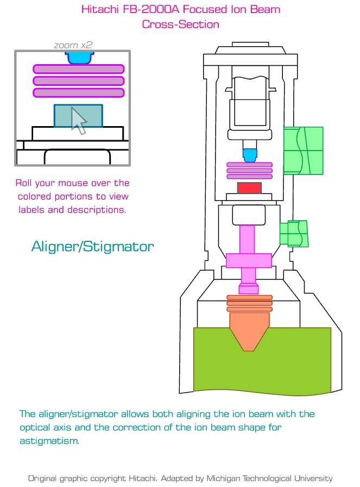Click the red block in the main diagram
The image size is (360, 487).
click(249, 188)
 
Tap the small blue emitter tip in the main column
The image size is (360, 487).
click(249, 155)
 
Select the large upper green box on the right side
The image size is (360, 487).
click(304, 151)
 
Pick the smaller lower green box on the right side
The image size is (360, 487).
click(294, 233)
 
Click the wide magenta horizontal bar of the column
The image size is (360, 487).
click(249, 260)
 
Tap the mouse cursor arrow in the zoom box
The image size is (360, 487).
click(79, 121)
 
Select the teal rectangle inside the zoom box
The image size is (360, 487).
click(62, 115)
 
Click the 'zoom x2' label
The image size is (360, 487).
click(73, 45)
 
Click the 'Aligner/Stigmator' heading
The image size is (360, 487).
click(93, 246)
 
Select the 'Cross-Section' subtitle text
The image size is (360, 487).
click(180, 24)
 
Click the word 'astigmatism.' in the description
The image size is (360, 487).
click(49, 441)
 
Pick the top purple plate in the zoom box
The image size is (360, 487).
click(79, 69)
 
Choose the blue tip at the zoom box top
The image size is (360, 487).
click(79, 58)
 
